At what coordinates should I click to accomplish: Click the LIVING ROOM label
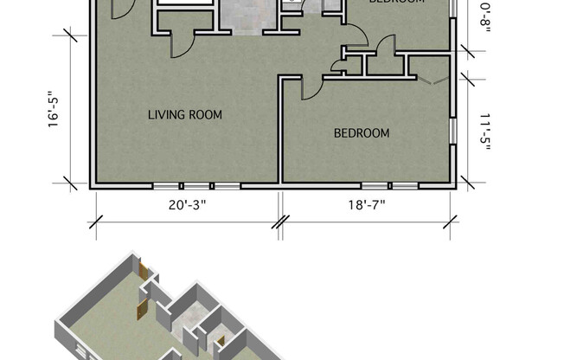[184, 114]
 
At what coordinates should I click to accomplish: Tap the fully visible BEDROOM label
[362, 133]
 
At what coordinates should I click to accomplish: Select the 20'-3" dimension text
[187, 206]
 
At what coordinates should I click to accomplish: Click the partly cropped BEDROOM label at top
[397, 3]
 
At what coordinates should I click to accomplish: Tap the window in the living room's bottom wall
[196, 186]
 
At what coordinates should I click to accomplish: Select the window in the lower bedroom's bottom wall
[390, 186]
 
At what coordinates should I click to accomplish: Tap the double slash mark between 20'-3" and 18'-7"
[280, 222]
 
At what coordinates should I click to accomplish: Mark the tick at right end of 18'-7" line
[450, 222]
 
